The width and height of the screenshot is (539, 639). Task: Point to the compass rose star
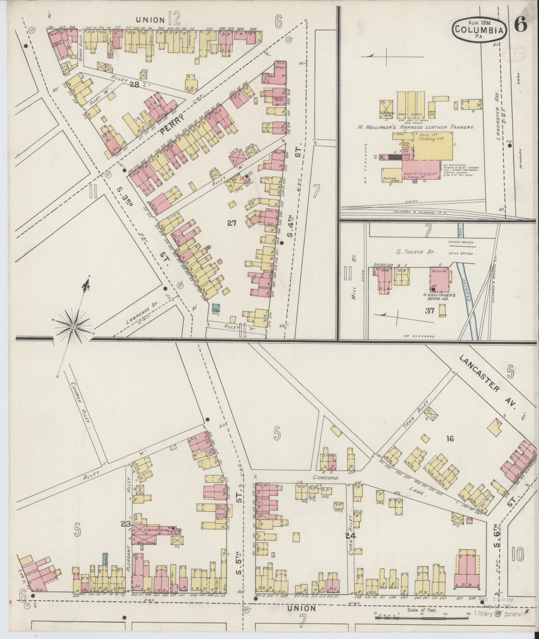coord(73,325)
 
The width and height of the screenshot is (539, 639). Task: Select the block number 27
coord(232,223)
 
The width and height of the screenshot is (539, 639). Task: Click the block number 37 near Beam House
coord(429,311)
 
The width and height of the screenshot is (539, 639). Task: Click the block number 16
coord(450,439)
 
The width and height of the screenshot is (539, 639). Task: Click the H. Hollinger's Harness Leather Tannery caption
coord(416,127)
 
